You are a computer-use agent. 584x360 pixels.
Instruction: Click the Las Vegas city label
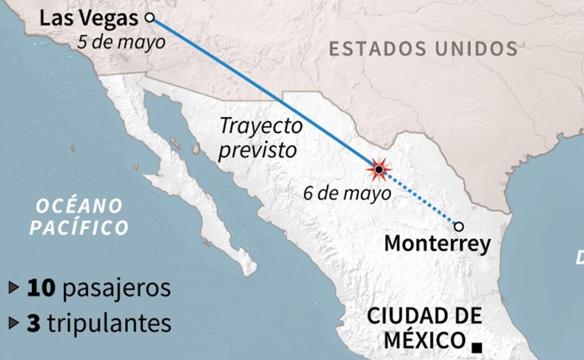coord(89,19)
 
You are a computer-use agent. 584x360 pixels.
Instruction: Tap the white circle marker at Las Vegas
coord(150,18)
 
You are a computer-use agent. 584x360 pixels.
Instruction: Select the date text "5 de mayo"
coord(121,42)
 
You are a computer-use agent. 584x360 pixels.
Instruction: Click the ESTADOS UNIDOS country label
coord(424,49)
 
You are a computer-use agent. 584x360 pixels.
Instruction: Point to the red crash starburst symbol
coord(379,170)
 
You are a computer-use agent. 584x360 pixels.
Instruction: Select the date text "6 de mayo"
coord(347,193)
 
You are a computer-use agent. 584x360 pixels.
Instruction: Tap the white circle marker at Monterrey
coord(459,226)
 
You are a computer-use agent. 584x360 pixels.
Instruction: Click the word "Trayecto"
coord(261,126)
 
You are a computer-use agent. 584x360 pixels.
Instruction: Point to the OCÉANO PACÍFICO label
coord(79,217)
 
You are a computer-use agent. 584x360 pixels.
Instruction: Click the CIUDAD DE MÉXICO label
coord(424,328)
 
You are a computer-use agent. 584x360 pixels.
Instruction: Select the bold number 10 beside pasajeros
coord(41,288)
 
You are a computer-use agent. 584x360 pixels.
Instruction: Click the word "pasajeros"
coord(117,289)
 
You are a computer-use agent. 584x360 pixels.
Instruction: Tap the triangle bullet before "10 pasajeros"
coord(14,288)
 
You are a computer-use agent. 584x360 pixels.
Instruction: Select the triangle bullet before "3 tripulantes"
coord(14,323)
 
